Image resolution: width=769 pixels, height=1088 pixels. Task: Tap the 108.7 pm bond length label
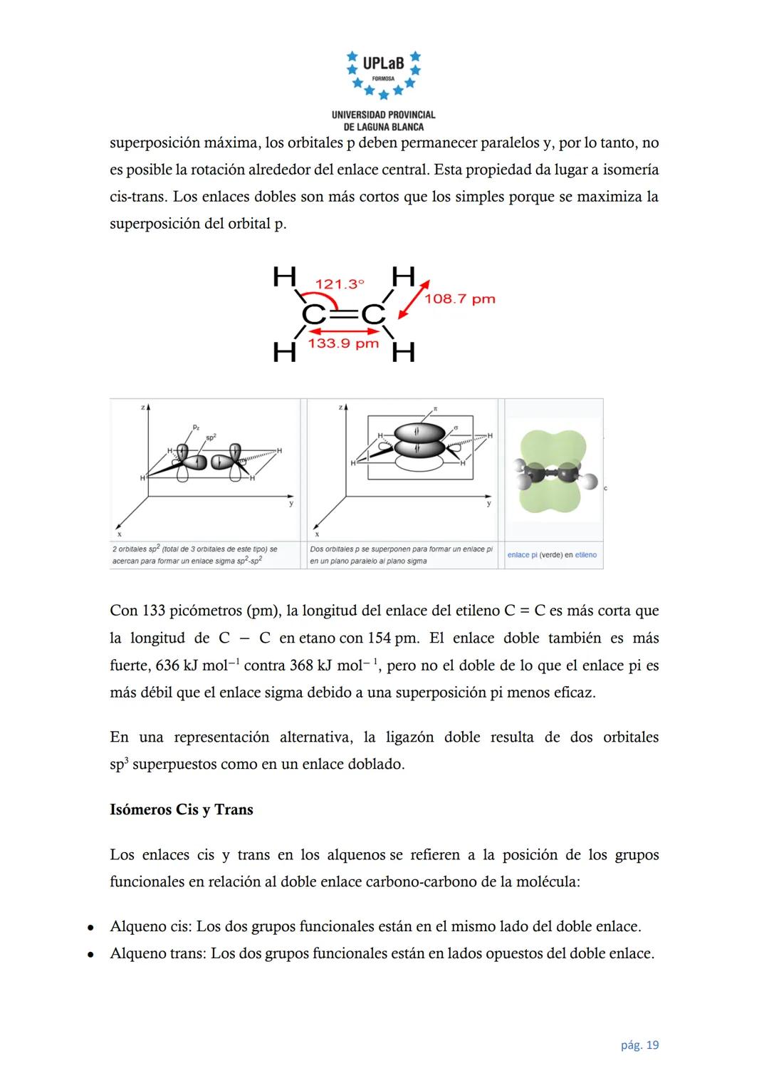(460, 299)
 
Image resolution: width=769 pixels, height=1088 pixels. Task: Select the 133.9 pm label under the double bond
(343, 344)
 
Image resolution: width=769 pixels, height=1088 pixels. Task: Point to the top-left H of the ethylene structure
(285, 276)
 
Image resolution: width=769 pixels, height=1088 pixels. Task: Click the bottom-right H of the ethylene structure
(403, 352)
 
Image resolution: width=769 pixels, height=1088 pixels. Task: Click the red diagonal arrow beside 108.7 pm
(414, 299)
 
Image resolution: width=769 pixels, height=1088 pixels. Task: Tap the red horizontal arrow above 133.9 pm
(343, 331)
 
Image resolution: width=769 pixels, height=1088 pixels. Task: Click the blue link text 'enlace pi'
(522, 555)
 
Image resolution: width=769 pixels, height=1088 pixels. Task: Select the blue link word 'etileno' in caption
(586, 555)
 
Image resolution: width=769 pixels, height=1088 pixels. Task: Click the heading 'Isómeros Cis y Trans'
(182, 809)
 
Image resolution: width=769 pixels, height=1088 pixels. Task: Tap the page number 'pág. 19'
(639, 1045)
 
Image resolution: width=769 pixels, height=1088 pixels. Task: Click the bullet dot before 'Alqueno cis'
(90, 928)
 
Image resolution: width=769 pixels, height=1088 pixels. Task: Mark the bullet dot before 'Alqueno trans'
(90, 955)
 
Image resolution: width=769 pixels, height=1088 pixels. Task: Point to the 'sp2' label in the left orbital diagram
(210, 435)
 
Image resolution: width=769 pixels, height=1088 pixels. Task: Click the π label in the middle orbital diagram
(435, 410)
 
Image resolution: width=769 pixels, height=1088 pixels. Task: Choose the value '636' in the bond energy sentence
(167, 665)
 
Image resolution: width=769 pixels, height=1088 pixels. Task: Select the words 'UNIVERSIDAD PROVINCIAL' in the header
(383, 115)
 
